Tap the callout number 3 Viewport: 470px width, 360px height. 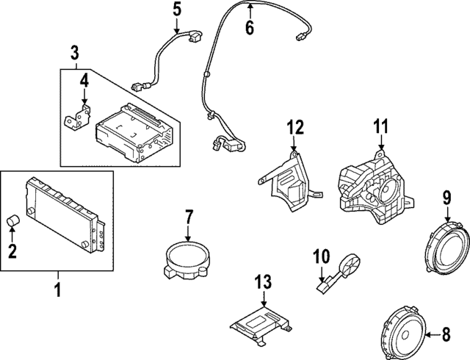[x=75, y=52]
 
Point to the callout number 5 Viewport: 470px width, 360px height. [x=176, y=10]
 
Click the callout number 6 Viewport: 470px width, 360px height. [x=249, y=29]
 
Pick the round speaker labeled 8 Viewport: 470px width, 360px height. [x=407, y=335]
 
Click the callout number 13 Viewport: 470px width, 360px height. [x=263, y=281]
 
